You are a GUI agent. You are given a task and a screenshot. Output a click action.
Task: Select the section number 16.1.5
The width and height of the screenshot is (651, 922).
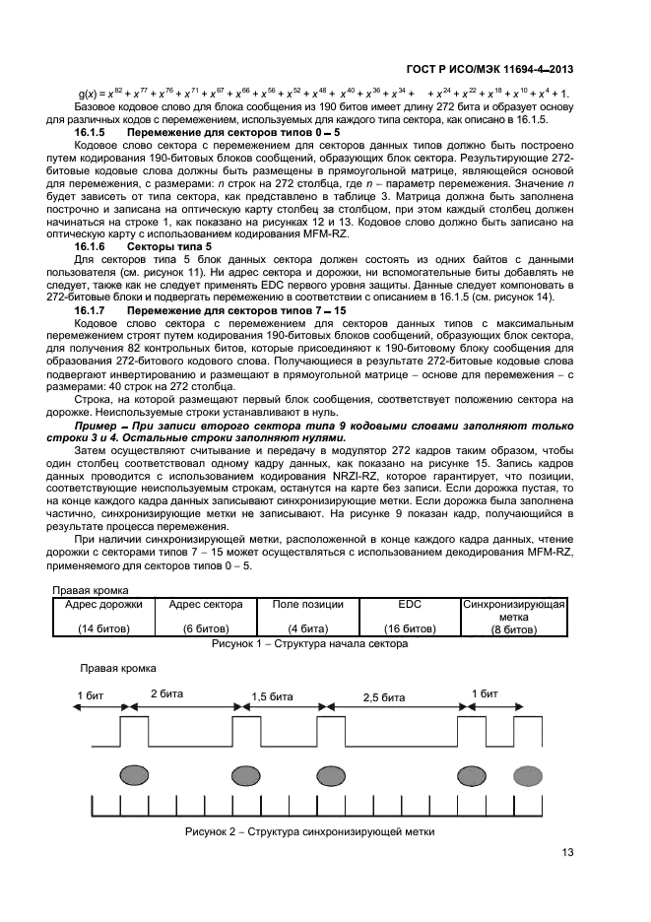[92, 131]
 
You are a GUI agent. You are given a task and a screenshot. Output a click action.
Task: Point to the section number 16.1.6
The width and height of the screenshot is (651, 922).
[92, 246]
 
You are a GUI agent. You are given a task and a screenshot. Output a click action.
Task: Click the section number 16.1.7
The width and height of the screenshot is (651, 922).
[92, 310]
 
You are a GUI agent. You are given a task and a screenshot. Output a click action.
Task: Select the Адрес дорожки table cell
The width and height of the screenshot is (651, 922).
[103, 604]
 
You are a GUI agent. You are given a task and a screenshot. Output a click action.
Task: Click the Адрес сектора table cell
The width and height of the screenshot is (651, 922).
[206, 604]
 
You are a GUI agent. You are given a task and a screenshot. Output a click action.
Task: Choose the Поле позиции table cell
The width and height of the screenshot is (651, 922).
[307, 604]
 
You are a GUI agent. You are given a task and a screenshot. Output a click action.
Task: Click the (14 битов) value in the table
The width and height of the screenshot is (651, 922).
[103, 627]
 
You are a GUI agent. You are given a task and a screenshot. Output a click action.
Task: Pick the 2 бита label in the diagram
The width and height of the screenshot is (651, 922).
[163, 693]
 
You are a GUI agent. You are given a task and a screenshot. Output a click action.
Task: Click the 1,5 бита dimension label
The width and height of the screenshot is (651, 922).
[273, 695]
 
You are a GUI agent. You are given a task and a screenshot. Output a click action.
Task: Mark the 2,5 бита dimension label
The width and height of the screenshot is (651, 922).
[383, 696]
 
